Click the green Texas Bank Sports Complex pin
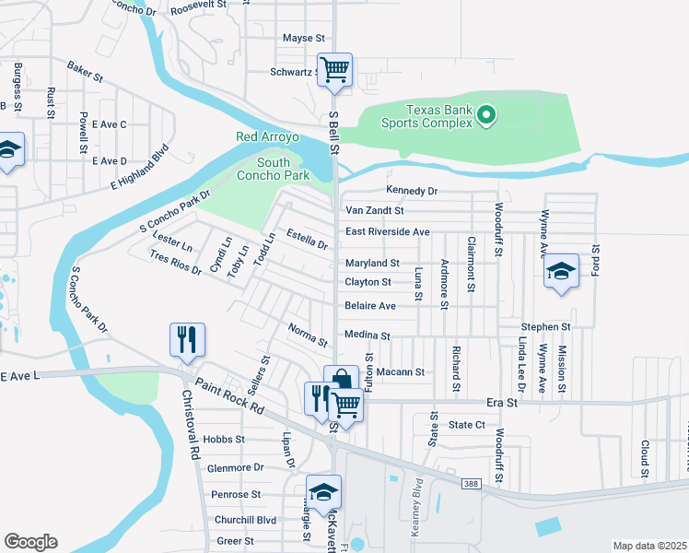click(487, 115)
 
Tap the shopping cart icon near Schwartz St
click(336, 69)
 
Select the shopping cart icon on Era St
click(346, 403)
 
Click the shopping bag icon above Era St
click(340, 380)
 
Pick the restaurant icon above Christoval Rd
click(186, 339)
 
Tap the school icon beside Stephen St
click(560, 271)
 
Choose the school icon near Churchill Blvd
click(323, 492)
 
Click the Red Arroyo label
click(268, 137)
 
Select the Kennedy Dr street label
click(412, 191)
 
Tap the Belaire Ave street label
click(369, 306)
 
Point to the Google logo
click(30, 541)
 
